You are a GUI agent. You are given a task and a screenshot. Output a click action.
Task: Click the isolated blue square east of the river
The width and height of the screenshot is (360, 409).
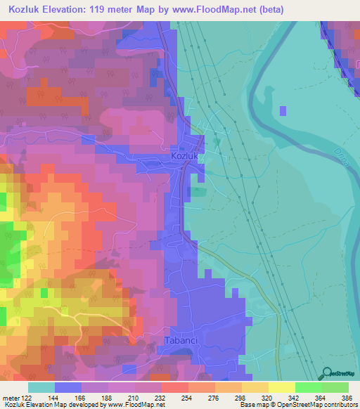point(283,111)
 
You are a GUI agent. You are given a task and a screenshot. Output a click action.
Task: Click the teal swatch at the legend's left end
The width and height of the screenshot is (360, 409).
point(41,387)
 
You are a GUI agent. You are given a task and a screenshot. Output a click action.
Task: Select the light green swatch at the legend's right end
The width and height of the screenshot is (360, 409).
point(335,387)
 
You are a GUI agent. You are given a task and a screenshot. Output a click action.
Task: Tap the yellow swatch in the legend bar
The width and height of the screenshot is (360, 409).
point(282,387)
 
